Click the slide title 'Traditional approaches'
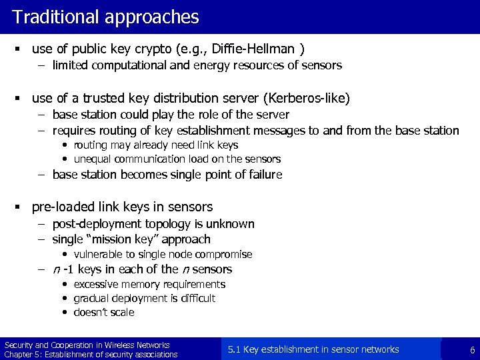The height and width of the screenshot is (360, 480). click(x=105, y=17)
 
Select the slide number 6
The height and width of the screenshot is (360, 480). click(x=472, y=350)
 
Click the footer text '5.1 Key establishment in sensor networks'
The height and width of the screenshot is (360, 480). click(x=313, y=349)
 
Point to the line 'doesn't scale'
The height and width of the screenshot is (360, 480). click(x=103, y=312)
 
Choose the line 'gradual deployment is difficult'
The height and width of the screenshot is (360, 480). click(x=144, y=299)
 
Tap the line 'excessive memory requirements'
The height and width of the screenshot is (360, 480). click(x=149, y=285)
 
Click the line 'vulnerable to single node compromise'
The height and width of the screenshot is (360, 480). click(x=163, y=254)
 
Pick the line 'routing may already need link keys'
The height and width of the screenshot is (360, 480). click(x=155, y=145)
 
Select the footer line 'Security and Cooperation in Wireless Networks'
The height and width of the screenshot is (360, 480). click(x=87, y=345)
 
